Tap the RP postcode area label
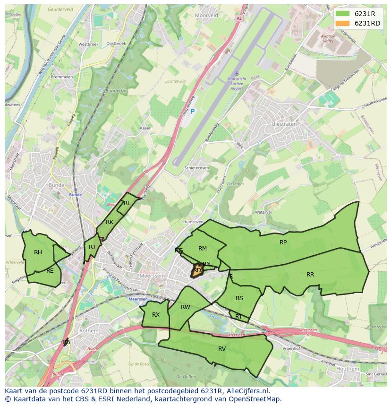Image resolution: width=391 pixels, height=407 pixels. [283, 242]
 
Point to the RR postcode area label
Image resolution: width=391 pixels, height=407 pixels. [310, 274]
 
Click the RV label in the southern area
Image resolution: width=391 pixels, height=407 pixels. [222, 348]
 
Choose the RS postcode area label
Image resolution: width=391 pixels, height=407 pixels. [239, 298]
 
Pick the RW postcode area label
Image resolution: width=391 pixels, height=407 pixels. [186, 307]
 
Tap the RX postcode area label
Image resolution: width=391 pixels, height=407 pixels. [156, 314]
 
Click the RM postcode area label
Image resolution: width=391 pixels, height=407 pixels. [203, 248]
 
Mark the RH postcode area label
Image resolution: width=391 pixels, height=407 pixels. [38, 252]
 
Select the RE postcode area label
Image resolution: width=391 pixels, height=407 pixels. [50, 271]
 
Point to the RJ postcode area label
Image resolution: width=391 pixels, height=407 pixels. [92, 247]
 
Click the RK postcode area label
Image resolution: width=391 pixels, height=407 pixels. [110, 222]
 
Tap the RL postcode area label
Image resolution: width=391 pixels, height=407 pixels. [127, 203]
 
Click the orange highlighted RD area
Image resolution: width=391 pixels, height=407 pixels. [197, 270]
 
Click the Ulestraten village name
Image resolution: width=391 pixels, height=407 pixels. [284, 124]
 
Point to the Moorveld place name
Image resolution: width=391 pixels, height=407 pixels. [206, 15]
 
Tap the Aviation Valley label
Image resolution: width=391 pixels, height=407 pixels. [328, 39]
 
